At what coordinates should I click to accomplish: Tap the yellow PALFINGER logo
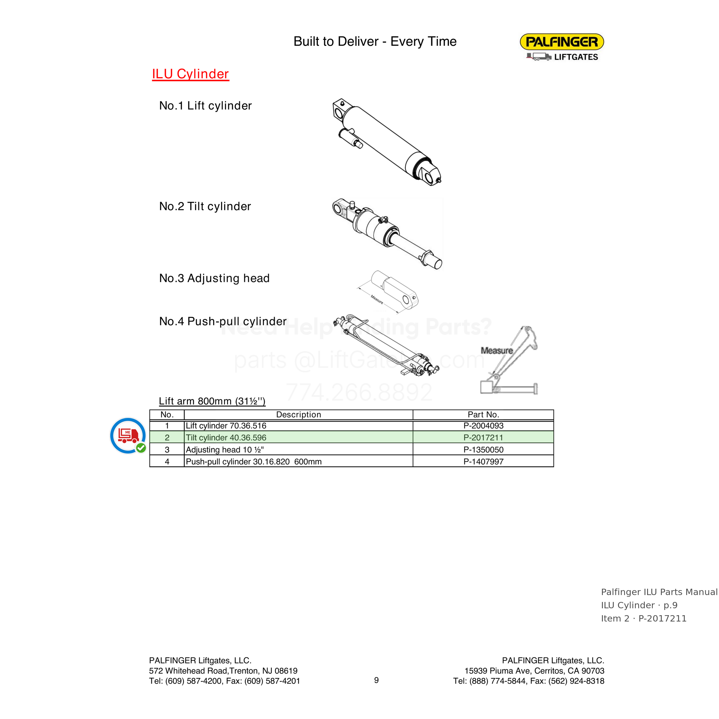(x=562, y=42)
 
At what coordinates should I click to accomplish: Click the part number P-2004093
(x=483, y=426)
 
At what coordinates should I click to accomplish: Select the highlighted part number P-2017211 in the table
(x=483, y=438)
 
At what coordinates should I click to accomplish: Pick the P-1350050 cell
(x=483, y=450)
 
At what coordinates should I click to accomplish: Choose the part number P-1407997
(x=483, y=462)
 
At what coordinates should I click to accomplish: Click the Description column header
(x=299, y=415)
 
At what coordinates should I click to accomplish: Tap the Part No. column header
(x=483, y=415)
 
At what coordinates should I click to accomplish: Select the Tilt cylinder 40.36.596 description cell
(x=226, y=438)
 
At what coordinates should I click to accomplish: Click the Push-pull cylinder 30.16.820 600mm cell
(x=253, y=462)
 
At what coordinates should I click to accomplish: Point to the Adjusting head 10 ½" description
(x=225, y=450)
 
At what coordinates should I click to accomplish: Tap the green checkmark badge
(x=141, y=448)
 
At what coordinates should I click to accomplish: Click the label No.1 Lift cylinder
(x=205, y=106)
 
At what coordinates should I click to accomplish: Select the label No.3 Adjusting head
(x=214, y=278)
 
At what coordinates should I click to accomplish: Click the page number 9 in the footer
(x=376, y=680)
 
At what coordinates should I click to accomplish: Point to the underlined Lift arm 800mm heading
(x=212, y=401)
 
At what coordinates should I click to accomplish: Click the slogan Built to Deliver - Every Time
(x=375, y=41)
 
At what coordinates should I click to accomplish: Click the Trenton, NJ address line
(x=223, y=671)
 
